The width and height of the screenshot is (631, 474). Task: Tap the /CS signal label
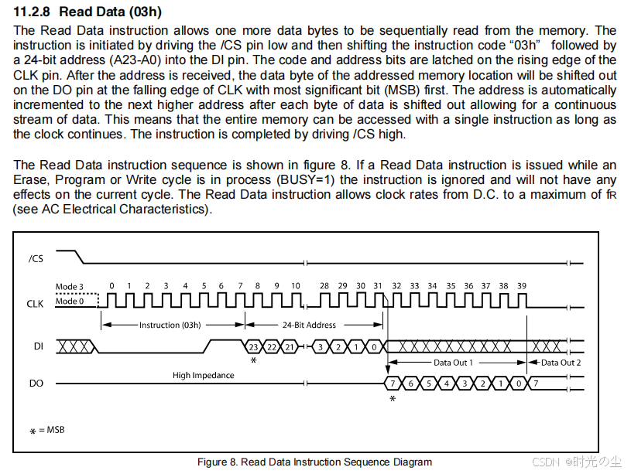click(36, 258)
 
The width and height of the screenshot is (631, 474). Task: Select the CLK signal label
click(36, 304)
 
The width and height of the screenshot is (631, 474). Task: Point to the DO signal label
click(36, 383)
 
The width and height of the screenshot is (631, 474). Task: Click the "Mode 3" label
click(67, 287)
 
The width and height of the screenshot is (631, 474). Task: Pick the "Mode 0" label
click(67, 302)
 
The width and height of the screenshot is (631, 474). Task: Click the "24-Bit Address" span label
click(309, 326)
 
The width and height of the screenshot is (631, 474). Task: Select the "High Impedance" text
click(203, 375)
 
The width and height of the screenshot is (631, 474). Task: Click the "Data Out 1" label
click(453, 362)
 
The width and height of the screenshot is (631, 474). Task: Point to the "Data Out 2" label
click(561, 362)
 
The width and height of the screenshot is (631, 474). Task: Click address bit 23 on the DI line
click(252, 346)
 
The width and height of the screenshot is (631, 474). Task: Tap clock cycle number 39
click(522, 286)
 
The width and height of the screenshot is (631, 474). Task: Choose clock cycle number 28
click(324, 286)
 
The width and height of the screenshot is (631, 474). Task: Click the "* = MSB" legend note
click(48, 430)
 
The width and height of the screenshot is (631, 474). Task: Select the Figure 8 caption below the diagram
click(314, 462)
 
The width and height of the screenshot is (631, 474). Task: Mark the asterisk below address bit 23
click(253, 361)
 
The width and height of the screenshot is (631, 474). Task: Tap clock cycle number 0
click(111, 286)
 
